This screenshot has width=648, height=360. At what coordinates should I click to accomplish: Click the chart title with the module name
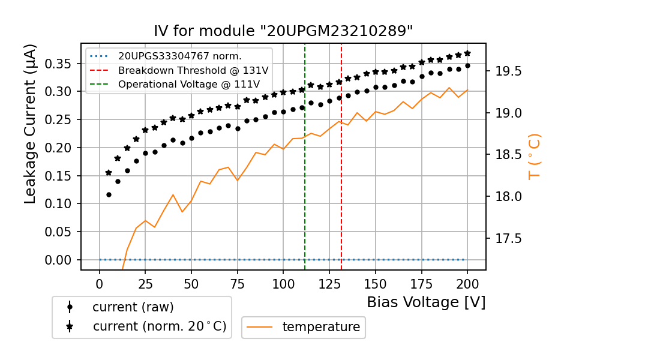pos(283,31)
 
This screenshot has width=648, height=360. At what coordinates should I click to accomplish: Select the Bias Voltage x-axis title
pos(426,302)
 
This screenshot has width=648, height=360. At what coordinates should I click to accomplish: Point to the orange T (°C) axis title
pos(534,157)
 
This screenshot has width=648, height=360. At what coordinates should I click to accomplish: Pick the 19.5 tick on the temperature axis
pos(508,71)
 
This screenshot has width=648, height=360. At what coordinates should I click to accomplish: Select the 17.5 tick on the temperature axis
pos(508,238)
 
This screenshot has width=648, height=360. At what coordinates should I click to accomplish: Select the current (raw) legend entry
pos(133,307)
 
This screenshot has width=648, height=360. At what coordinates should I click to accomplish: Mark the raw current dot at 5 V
pos(109,194)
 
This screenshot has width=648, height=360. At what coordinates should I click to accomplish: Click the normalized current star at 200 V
pos(467,53)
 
